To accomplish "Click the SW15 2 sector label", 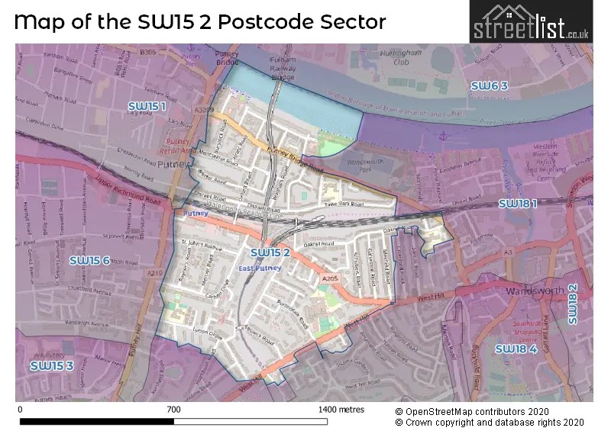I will coord(270,252).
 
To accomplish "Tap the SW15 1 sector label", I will coord(146,106).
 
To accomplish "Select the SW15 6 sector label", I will coord(89,260).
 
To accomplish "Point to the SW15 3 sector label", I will coord(52,365).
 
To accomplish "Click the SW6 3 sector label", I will coord(489,85).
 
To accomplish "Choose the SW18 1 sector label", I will coord(518,203).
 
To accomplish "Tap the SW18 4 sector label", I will coord(516,349).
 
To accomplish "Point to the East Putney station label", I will coord(260,268).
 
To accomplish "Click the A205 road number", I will coord(329,279).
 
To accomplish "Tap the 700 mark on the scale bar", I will coord(173,410).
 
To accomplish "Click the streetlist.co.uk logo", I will coord(531,22).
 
